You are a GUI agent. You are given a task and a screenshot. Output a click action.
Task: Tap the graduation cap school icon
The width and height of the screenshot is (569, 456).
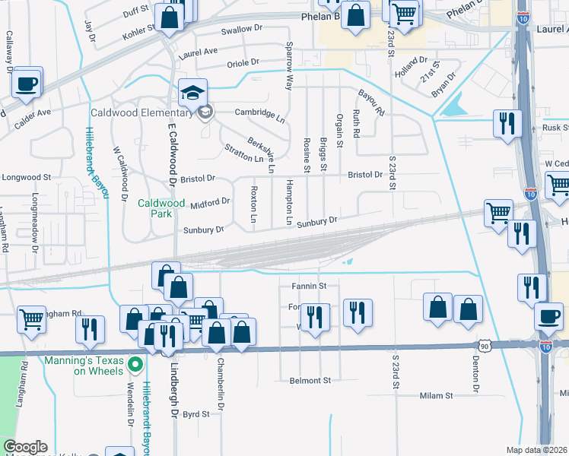coord(192,93)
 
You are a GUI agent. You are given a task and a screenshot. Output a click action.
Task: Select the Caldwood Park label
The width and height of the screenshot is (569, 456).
coord(161,208)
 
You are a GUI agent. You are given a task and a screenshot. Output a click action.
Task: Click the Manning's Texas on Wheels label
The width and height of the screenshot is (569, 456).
coord(84,366)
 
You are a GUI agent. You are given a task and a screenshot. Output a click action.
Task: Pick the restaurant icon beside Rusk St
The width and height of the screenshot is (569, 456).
coord(507,123)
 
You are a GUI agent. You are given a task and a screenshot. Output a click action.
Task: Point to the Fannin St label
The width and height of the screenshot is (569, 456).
coord(308,287)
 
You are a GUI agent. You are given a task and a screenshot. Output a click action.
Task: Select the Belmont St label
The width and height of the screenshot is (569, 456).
coord(310,380)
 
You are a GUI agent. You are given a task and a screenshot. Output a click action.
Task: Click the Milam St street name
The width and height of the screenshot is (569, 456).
coord(436,396)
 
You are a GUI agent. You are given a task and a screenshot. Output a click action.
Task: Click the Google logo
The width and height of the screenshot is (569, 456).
coord(25,447)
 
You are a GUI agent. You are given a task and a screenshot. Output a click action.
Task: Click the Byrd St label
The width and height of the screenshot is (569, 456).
coord(196,415)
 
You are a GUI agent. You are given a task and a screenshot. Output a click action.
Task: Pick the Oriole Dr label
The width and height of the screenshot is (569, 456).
coord(243,62)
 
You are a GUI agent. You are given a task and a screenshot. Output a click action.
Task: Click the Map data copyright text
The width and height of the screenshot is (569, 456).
coord(537,449)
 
